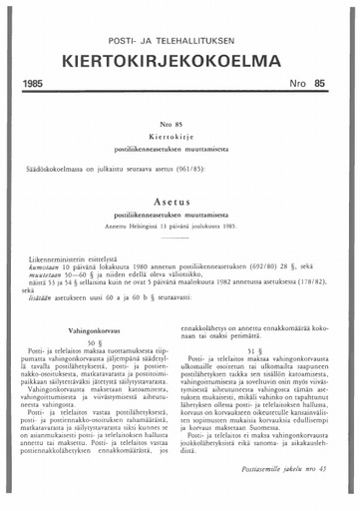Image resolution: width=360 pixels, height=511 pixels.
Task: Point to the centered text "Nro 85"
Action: (x=180, y=124)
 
